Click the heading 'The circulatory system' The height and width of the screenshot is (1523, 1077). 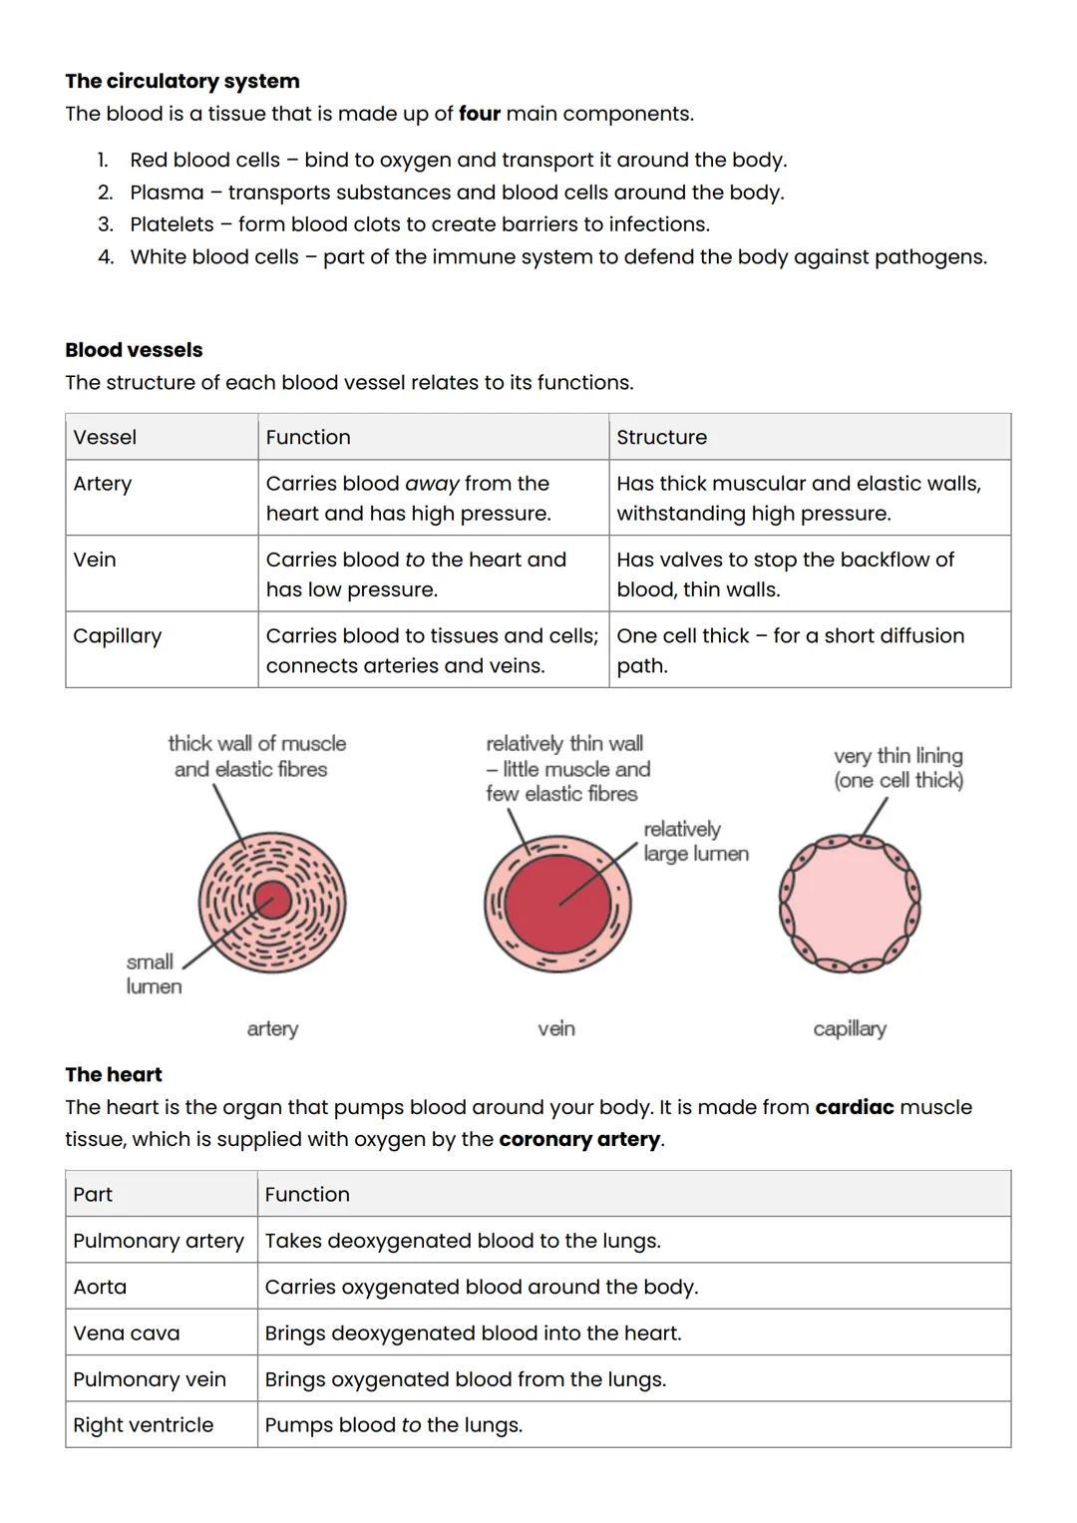[x=182, y=81]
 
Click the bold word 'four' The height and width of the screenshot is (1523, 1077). [x=479, y=114]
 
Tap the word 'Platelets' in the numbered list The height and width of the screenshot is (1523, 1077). [x=172, y=224]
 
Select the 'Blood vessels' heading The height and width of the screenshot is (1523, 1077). [x=134, y=350]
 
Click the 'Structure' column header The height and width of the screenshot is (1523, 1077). [x=661, y=437]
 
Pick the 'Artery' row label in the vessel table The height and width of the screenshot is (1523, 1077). [x=103, y=484]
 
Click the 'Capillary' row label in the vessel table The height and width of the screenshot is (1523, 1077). [x=117, y=636]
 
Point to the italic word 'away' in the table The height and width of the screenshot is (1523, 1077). [x=432, y=484]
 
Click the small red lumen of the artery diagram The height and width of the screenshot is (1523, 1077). [x=271, y=901]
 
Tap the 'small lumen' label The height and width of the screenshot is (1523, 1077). [x=154, y=974]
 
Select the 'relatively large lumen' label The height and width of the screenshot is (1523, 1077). [x=695, y=842]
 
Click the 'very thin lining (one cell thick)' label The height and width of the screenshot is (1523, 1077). [x=898, y=768]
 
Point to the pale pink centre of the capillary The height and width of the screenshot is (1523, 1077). [x=850, y=906]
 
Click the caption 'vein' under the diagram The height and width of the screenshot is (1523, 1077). [x=556, y=1028]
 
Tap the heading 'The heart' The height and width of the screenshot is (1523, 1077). [x=114, y=1074]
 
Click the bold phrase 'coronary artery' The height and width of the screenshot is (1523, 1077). [x=579, y=1139]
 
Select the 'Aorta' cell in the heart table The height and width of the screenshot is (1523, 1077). [x=100, y=1287]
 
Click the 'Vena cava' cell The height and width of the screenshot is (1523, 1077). [x=127, y=1333]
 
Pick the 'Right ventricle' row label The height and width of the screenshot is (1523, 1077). [x=143, y=1424]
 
